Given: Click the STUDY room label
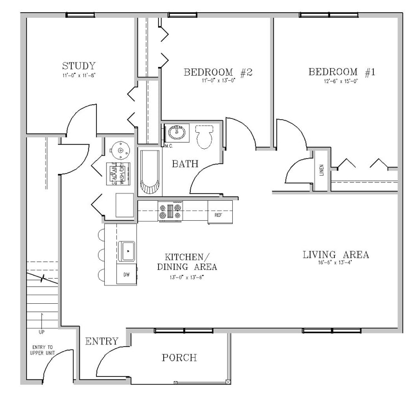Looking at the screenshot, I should (79, 66).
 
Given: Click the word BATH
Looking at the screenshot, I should (185, 164).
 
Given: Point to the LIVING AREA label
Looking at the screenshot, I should (336, 255).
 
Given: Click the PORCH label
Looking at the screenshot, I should (179, 357).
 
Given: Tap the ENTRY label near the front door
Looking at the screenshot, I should (101, 341).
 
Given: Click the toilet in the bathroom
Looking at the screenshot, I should (205, 136).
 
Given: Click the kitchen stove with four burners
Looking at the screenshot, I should (170, 211).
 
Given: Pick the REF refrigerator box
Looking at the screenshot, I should (218, 213).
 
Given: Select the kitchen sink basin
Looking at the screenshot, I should (127, 251).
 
